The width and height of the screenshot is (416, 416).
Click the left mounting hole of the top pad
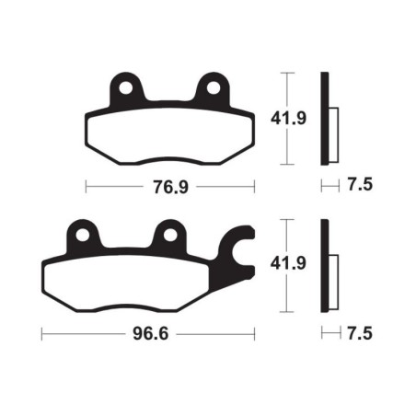click(123, 87)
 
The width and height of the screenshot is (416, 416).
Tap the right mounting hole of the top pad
click(213, 87)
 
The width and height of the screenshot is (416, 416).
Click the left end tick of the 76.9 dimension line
click(86, 185)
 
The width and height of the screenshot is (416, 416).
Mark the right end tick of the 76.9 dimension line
click(250, 185)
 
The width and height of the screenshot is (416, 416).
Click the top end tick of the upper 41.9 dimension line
click(290, 72)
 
